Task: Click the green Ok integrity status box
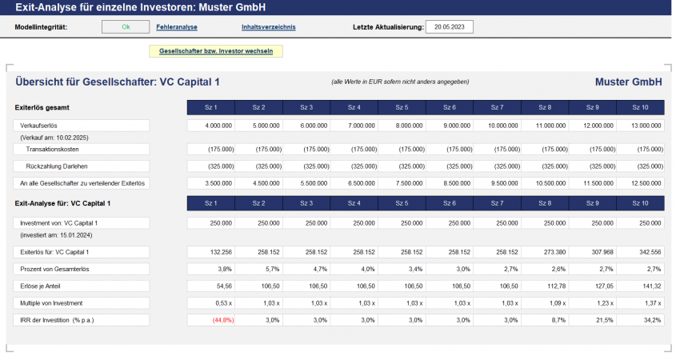click(126, 26)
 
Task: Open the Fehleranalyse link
click(177, 26)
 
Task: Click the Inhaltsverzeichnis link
click(269, 26)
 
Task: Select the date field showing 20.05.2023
click(450, 26)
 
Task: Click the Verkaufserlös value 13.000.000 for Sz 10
click(640, 126)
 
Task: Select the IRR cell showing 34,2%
click(640, 320)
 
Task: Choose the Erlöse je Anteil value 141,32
click(640, 286)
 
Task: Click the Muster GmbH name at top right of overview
click(628, 82)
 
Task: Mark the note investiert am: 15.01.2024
click(54, 235)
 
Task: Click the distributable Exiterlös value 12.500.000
click(640, 183)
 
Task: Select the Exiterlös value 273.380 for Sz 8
click(545, 252)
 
